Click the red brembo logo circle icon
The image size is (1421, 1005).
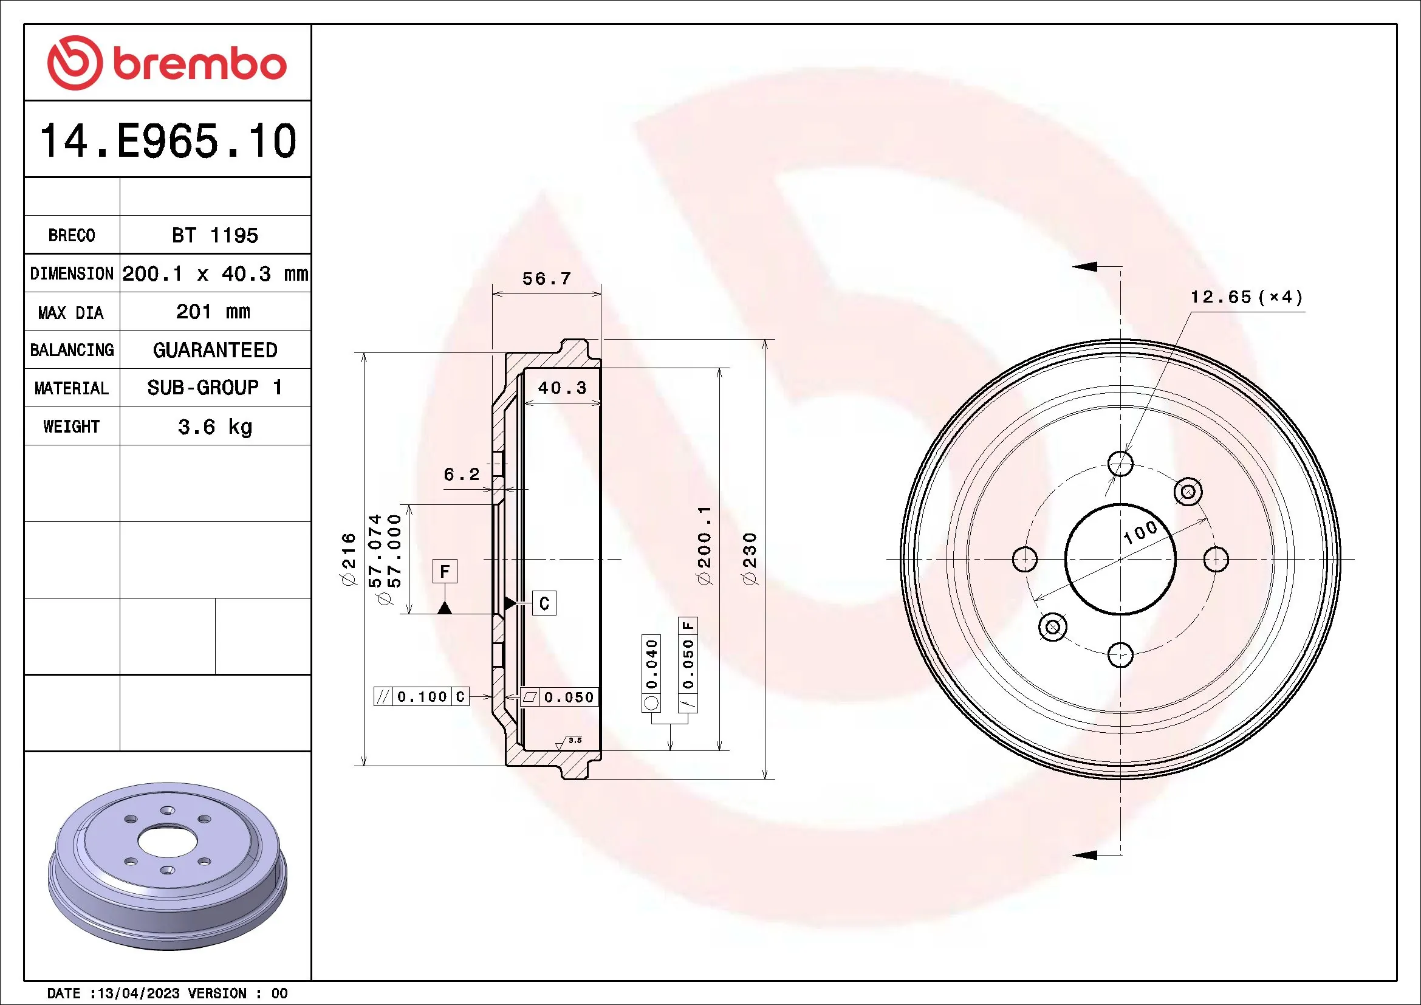click(x=75, y=63)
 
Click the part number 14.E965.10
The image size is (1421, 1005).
click(x=168, y=141)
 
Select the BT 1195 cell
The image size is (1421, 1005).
click(x=214, y=235)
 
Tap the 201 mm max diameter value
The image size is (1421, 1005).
click(x=213, y=311)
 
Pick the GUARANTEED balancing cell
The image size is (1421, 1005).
click(x=214, y=350)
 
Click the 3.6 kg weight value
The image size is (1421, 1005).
click(x=214, y=427)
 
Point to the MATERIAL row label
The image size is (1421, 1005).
click(x=72, y=389)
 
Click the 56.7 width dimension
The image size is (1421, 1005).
click(x=546, y=279)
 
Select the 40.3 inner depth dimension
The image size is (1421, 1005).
click(x=561, y=388)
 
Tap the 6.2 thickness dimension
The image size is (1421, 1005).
click(x=461, y=475)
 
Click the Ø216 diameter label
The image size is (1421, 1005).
click(x=349, y=558)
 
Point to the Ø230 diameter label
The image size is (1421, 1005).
click(x=750, y=558)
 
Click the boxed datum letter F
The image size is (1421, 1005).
click(x=444, y=571)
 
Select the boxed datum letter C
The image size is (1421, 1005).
click(x=544, y=603)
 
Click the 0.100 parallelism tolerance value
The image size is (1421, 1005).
click(x=422, y=697)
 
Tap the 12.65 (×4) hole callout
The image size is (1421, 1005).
click(x=1246, y=297)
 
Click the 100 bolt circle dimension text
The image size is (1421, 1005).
click(x=1139, y=532)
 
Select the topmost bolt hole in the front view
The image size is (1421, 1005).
click(x=1120, y=463)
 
